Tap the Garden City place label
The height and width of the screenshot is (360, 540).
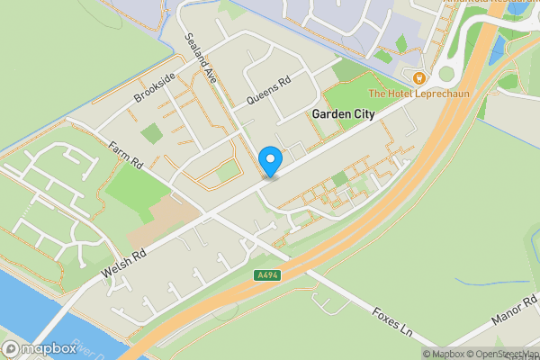coord(344,114)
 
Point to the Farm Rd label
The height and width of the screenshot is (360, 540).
coord(127,156)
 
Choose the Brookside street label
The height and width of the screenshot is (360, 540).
coord(154,85)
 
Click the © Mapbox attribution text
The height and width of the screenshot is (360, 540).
coord(445,354)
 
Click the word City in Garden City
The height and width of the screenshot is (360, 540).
coord(364,114)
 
